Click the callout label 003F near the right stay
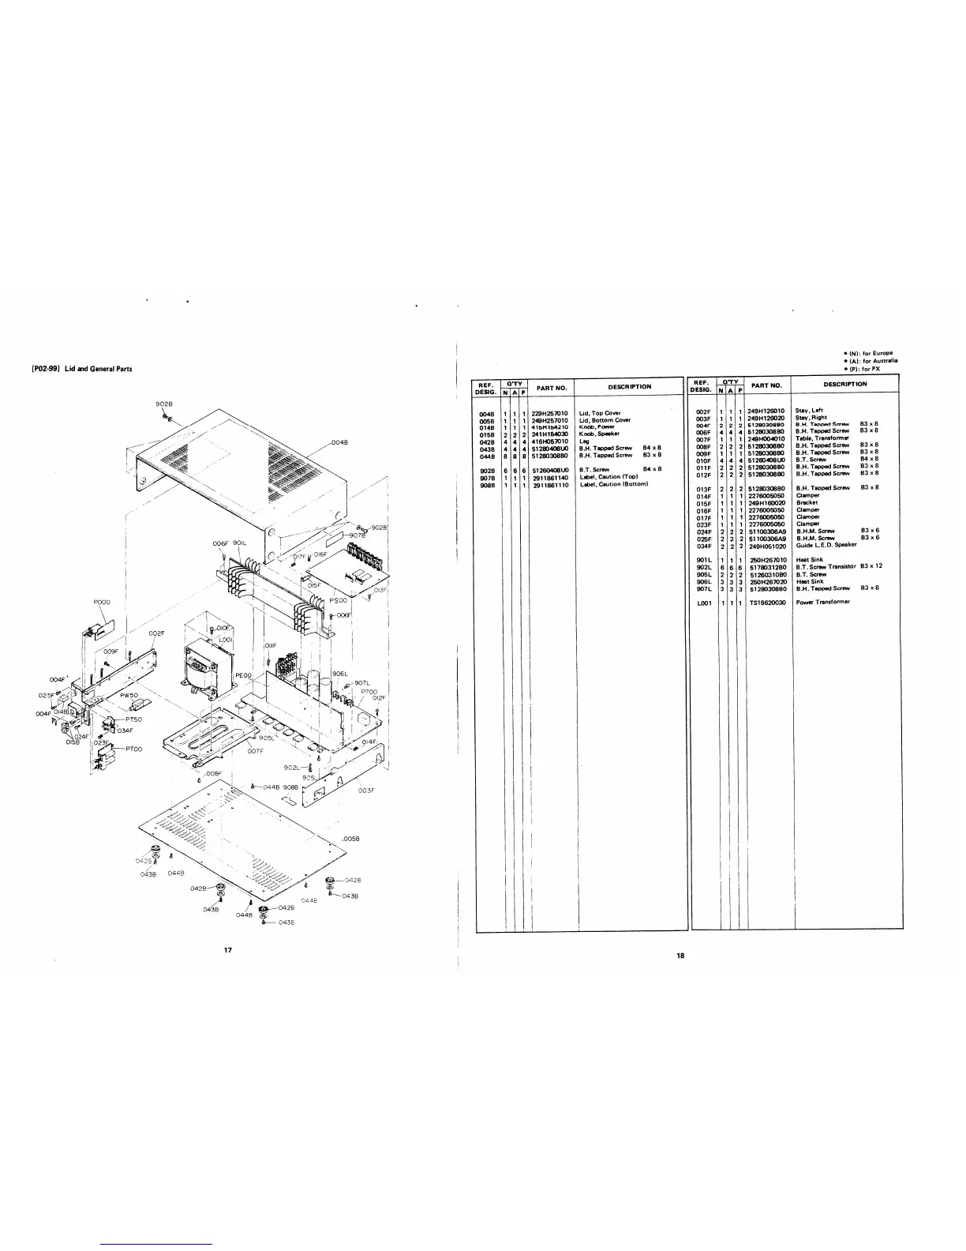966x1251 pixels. click(365, 790)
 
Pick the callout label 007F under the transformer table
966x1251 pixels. click(255, 750)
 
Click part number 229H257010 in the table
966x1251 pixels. click(550, 412)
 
